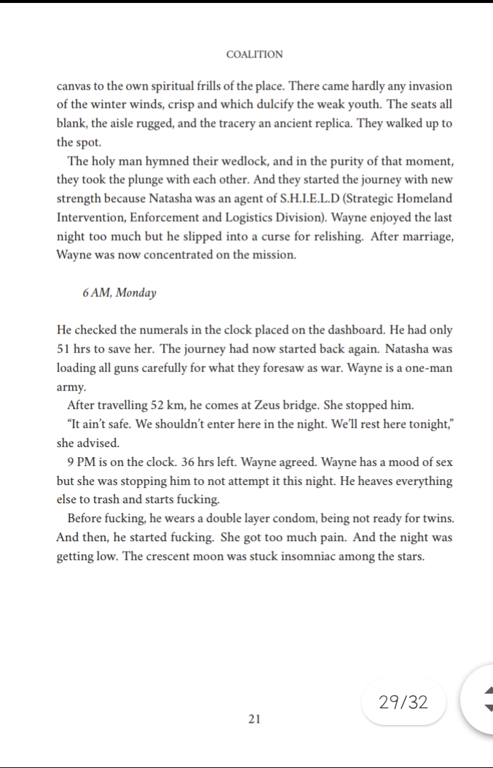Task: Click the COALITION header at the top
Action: tap(254, 55)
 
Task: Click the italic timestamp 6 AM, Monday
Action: tap(119, 292)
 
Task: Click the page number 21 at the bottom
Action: tap(254, 719)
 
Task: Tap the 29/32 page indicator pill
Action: tap(403, 702)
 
